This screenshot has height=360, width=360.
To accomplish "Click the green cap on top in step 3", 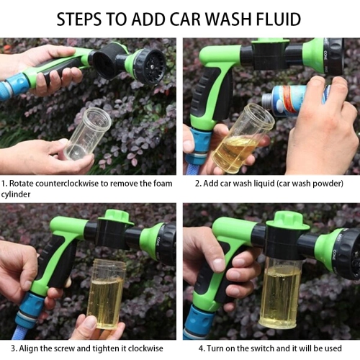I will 116,216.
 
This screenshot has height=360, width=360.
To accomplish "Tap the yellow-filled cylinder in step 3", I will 106,292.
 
